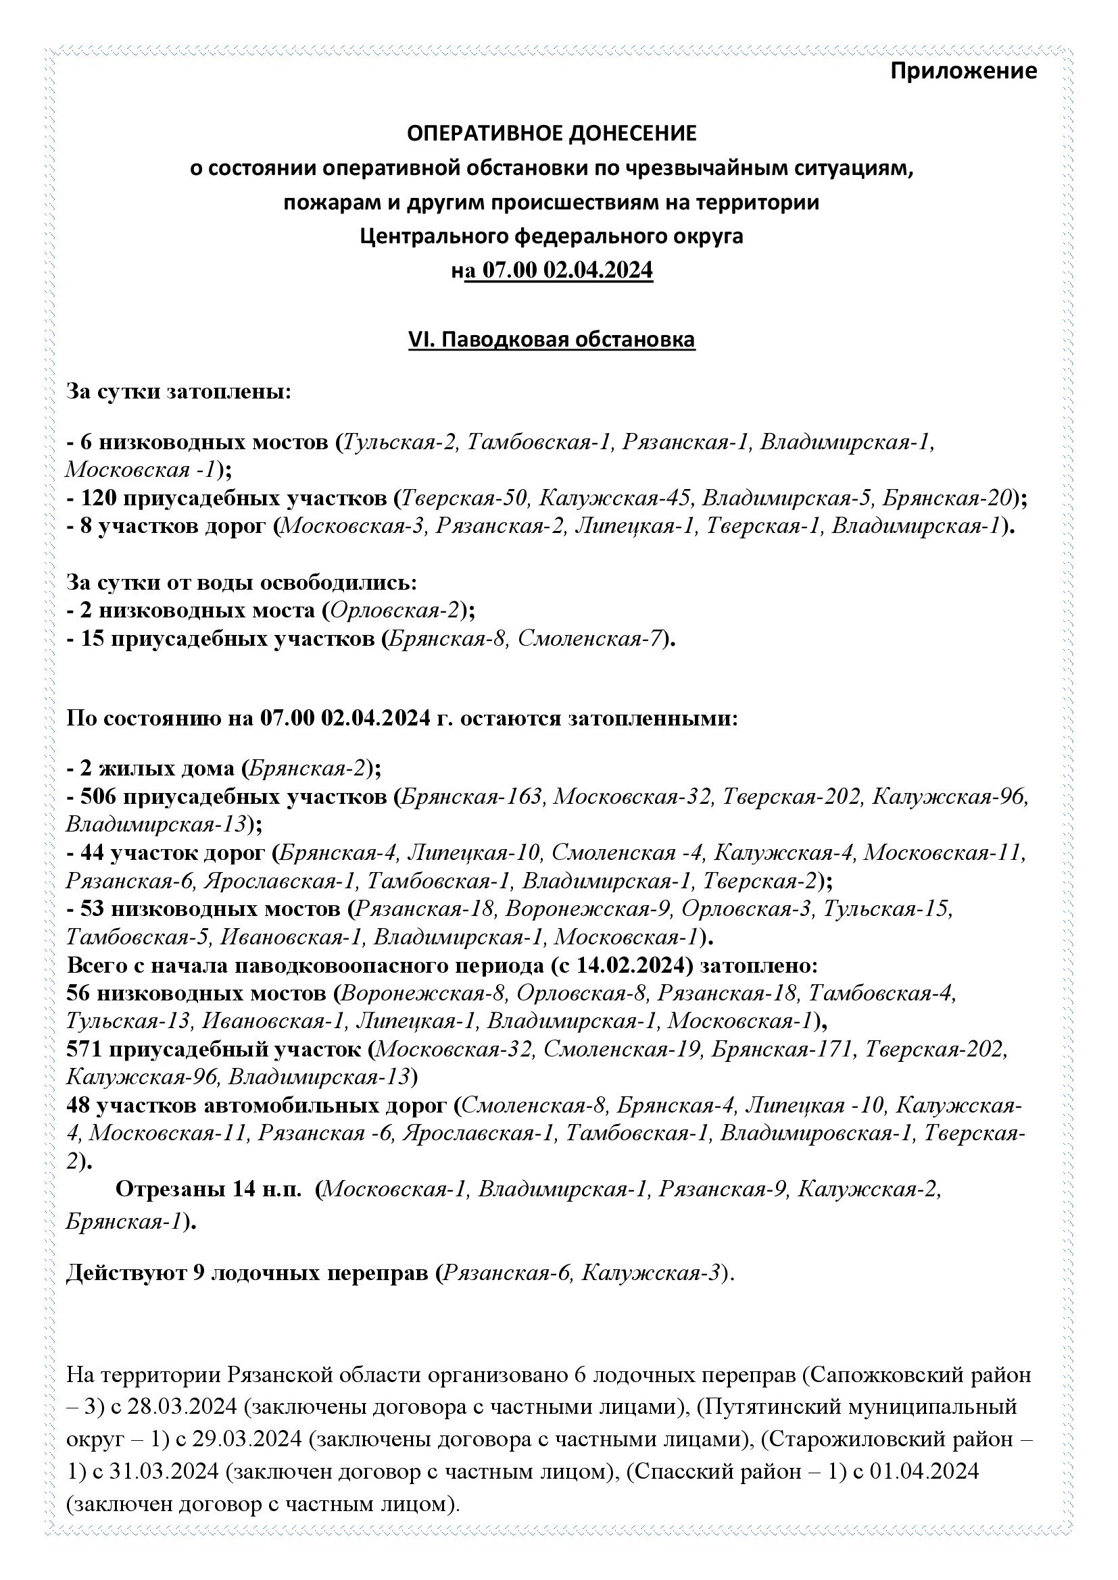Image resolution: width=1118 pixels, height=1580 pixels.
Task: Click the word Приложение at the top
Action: pyautogui.click(x=963, y=71)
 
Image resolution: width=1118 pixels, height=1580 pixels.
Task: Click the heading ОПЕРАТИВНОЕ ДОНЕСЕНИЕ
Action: pyautogui.click(x=552, y=134)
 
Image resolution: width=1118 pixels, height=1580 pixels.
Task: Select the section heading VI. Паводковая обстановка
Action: pyautogui.click(x=552, y=340)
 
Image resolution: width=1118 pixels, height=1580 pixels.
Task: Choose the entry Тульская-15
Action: pyautogui.click(x=887, y=909)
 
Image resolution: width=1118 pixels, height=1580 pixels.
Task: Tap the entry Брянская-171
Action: pyautogui.click(x=783, y=1050)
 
